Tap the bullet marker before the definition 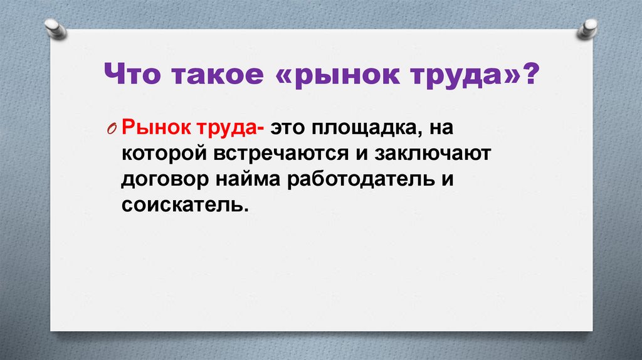[111, 129]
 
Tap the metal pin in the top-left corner [55, 28]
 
